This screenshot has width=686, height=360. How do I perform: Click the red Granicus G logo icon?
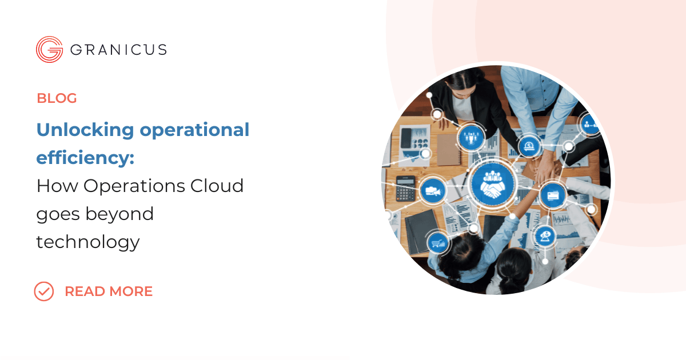(49, 49)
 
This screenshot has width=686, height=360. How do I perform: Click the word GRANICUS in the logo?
(118, 50)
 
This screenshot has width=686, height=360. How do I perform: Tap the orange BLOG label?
(57, 98)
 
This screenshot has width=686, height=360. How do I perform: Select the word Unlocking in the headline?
(86, 130)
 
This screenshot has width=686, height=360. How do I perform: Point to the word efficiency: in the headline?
(85, 158)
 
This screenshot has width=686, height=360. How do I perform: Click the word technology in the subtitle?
(88, 242)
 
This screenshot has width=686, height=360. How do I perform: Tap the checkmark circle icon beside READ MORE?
(44, 291)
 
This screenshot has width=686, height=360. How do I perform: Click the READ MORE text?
(109, 291)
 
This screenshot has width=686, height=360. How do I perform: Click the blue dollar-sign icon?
(530, 146)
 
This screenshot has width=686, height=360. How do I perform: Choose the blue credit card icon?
(552, 194)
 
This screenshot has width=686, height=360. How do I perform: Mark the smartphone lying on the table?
(406, 137)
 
